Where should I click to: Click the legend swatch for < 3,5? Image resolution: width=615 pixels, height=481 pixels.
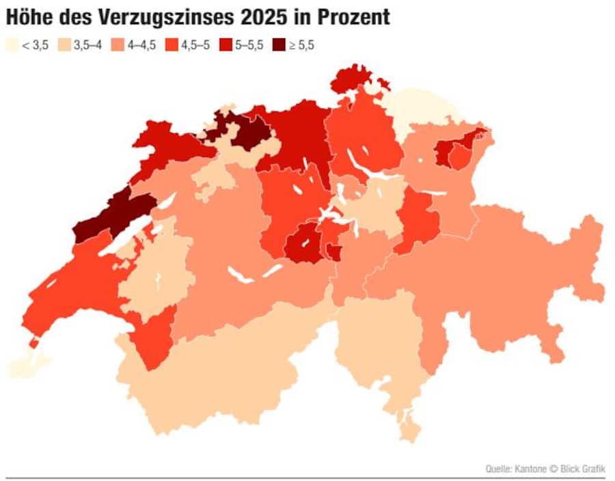click(12, 45)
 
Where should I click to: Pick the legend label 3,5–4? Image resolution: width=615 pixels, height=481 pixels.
click(87, 45)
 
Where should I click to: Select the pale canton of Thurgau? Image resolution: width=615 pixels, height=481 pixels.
click(417, 109)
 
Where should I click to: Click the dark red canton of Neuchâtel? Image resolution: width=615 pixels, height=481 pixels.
click(113, 215)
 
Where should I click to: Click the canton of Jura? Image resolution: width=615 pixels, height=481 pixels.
click(164, 143)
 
